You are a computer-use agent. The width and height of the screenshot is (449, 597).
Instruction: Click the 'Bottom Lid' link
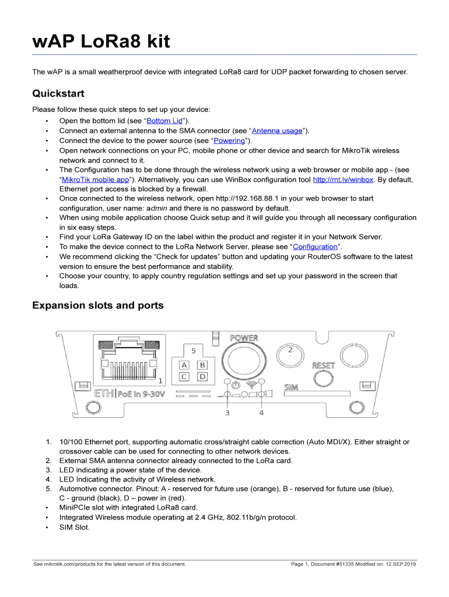(x=164, y=121)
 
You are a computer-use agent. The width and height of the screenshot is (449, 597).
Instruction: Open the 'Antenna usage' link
(x=277, y=131)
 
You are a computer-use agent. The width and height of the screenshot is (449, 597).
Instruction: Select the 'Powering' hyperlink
(x=229, y=141)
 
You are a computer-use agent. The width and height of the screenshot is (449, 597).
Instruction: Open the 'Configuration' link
(x=315, y=247)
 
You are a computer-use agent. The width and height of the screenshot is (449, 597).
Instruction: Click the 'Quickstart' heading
(x=58, y=93)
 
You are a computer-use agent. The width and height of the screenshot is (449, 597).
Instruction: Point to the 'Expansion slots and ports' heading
(x=98, y=305)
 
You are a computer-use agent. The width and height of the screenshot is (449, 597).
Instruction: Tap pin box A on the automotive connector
(x=184, y=365)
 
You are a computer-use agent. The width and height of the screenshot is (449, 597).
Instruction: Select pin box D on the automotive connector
(x=202, y=377)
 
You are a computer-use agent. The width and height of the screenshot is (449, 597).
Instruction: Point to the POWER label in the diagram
(x=244, y=338)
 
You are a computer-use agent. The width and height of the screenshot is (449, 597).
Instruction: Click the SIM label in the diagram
(x=291, y=387)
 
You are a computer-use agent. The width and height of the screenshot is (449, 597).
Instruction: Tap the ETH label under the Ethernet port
(x=104, y=394)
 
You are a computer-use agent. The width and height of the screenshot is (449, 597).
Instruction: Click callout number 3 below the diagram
(x=227, y=413)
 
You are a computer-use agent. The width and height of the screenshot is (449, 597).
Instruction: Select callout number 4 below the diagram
(x=261, y=413)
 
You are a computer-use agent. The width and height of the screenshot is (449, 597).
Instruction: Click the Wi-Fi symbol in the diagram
(x=252, y=385)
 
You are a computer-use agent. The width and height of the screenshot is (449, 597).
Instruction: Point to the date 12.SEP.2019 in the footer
(x=401, y=564)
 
